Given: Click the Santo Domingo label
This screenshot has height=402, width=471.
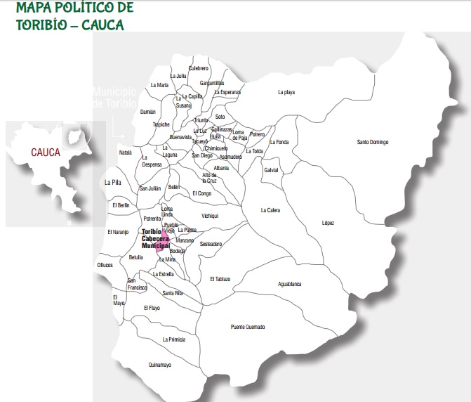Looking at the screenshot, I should coord(372,143).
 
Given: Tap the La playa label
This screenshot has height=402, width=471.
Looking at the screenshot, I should coord(286,92).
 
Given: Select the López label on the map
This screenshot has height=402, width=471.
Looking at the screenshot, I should coord(328,223).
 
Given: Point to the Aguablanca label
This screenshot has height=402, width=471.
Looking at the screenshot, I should coord(289,284).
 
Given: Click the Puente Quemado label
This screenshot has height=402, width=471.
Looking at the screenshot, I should coord(248,327).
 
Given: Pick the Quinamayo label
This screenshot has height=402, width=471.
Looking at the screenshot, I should coord(160,365).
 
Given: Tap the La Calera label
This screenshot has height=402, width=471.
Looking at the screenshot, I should coord(270,210).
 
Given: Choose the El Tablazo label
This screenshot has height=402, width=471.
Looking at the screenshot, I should coord(220,279).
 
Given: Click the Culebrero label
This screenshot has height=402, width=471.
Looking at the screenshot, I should coord(199,67).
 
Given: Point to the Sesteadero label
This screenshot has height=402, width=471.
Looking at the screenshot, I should coord(211,244).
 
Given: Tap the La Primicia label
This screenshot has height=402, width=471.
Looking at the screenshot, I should coord(173,339).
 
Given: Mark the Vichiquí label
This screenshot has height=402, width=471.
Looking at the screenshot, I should coord(210,216).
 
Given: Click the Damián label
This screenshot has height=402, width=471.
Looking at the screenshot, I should coord(147,111).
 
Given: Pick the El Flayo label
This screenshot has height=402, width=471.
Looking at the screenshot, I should coord(152,308).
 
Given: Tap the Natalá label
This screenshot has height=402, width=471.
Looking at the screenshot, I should coord(125,152).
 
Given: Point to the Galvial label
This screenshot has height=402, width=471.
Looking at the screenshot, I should coord(271,170).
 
